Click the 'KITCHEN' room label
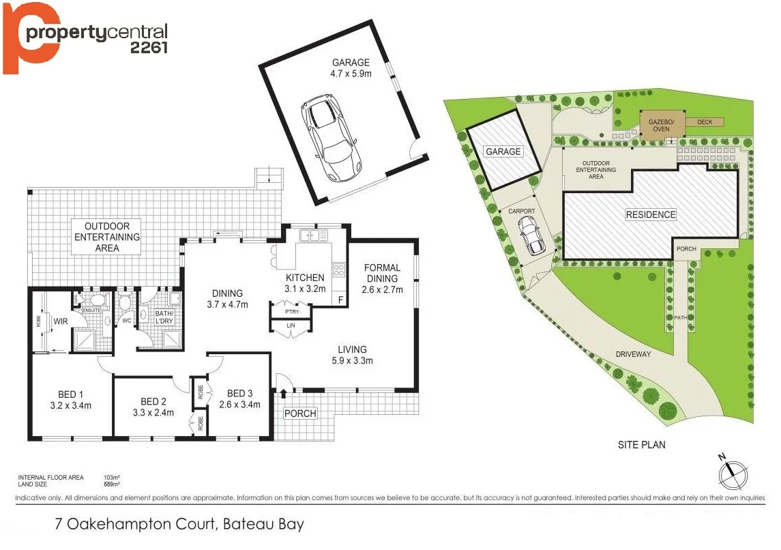point(305,278)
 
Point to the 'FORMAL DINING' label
point(382,273)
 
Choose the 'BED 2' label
point(153,401)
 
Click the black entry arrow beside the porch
point(283,394)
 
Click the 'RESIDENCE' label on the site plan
point(651,214)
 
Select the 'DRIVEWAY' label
point(634,354)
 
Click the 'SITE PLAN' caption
point(641,445)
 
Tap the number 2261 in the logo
point(149,46)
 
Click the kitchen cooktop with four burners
point(338,270)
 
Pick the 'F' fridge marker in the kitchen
point(340,300)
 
